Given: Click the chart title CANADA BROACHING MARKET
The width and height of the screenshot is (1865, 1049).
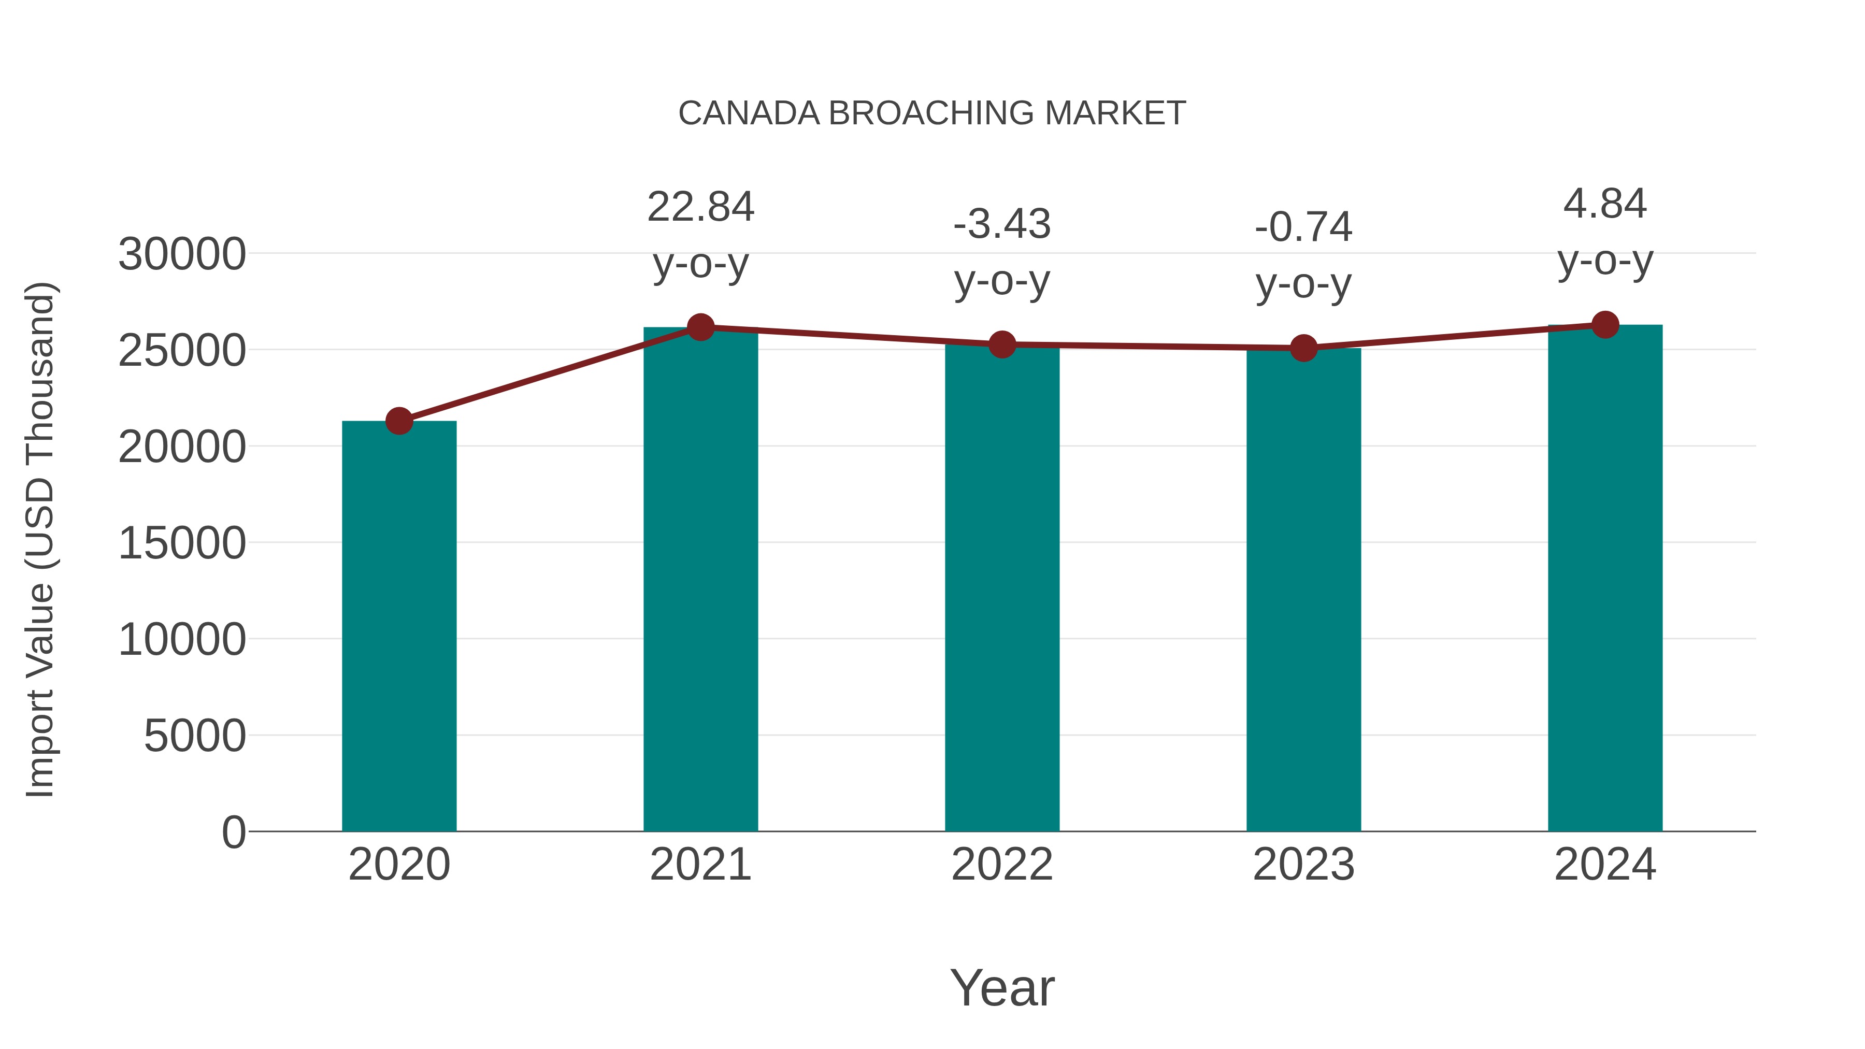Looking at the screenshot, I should coord(932,113).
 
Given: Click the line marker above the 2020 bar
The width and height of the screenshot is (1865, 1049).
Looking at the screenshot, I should coord(399,421).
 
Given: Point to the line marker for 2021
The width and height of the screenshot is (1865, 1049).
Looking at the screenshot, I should coord(700,327).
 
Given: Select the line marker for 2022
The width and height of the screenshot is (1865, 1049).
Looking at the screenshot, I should coord(1002,344).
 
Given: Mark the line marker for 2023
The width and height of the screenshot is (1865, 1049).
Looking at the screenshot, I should coord(1303,348).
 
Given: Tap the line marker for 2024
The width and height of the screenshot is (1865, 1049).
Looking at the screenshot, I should coord(1605,325).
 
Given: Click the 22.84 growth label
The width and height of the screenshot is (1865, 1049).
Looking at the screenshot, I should coord(700,207).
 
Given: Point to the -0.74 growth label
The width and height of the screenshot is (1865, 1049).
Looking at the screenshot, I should coord(1303,227).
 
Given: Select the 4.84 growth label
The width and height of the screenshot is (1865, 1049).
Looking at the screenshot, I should coord(1605,204).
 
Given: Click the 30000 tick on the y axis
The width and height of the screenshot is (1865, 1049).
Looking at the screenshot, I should coord(182,255).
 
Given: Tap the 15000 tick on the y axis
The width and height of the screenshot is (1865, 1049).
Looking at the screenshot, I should coord(182,544).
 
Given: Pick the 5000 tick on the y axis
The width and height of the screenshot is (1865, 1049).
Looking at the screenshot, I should coord(195,736).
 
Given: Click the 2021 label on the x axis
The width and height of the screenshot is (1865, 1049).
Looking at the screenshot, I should coord(700,865).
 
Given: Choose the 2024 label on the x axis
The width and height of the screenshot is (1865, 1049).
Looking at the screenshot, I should coord(1605,865).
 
